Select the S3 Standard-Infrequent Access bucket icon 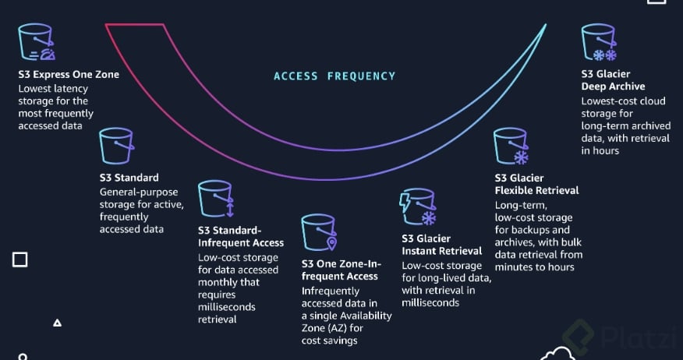click(x=216, y=200)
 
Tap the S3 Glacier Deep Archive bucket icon click(x=599, y=44)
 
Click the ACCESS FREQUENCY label click(x=334, y=76)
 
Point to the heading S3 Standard click(x=129, y=178)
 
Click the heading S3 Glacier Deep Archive click(x=613, y=80)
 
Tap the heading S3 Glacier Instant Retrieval click(x=441, y=245)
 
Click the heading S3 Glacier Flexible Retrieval click(x=536, y=184)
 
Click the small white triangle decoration click(x=57, y=322)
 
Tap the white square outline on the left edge click(x=19, y=259)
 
